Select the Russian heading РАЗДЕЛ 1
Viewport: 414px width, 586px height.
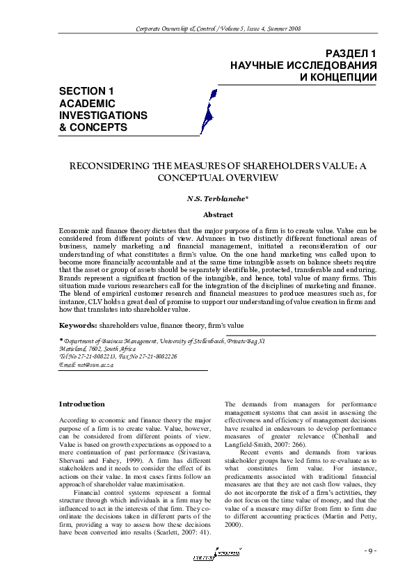click(351, 54)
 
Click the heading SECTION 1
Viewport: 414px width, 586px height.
click(86, 91)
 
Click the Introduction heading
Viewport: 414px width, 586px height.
click(82, 404)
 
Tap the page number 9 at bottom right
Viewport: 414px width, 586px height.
click(369, 552)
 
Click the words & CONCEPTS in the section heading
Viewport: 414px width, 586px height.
click(93, 127)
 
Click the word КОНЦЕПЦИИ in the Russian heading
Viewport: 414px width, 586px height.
click(338, 77)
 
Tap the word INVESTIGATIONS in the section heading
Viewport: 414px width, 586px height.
click(103, 115)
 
